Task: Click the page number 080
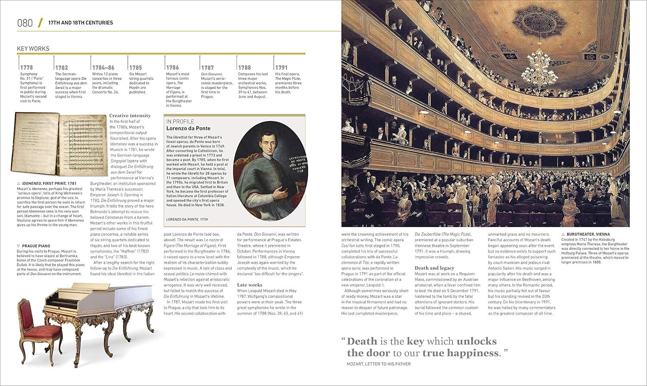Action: (25, 23)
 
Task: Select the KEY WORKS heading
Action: (33, 49)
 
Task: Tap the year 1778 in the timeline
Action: (26, 68)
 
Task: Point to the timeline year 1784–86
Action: (103, 68)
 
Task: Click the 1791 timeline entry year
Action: (281, 68)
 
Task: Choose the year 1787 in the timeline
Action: (207, 68)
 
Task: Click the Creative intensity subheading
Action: (130, 115)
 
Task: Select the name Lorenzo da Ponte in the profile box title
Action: (188, 128)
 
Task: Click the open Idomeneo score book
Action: (60, 144)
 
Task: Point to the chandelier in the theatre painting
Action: (539, 65)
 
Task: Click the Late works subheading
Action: (250, 285)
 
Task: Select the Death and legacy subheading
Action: (434, 268)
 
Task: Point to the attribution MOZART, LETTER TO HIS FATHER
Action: (379, 364)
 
